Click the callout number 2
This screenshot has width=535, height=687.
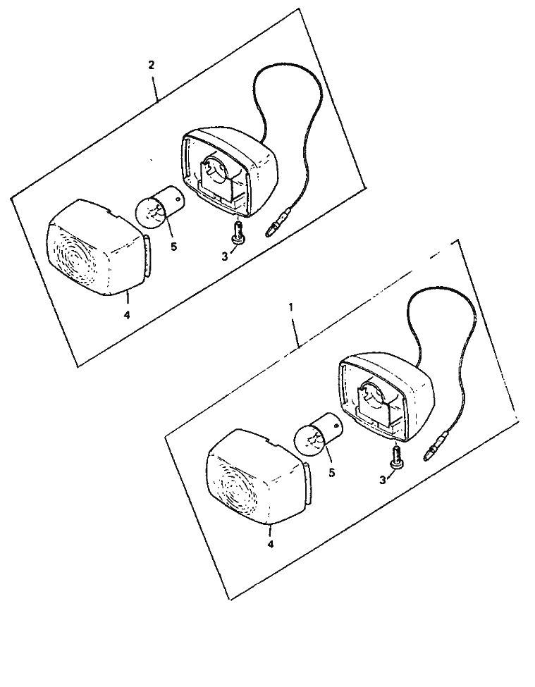(x=152, y=66)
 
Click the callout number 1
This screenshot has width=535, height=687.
(x=290, y=307)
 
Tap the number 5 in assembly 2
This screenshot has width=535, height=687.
(x=174, y=247)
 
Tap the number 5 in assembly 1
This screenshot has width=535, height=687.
(x=332, y=474)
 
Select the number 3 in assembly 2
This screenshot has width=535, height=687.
(x=225, y=256)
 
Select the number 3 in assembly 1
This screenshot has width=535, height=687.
(x=383, y=481)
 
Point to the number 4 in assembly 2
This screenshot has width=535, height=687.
(x=127, y=314)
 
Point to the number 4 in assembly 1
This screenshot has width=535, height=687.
(x=271, y=544)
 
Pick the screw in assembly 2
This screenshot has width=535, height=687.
(x=237, y=231)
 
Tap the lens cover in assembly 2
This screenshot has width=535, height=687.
(x=99, y=248)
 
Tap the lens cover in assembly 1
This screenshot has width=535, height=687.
(x=259, y=476)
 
